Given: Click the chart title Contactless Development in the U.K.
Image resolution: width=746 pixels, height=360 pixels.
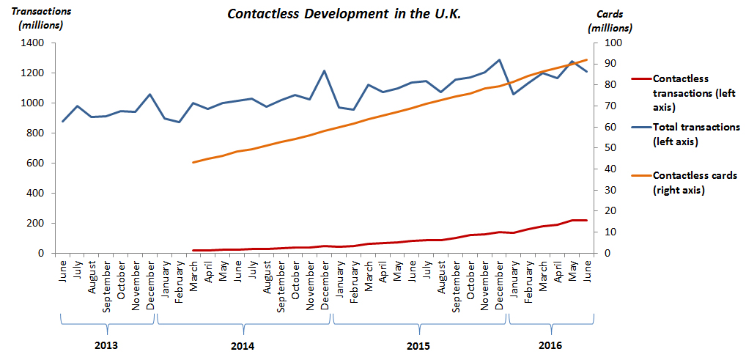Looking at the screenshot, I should coord(344,15).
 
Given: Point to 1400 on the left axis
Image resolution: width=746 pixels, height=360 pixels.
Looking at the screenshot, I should coord(34,43).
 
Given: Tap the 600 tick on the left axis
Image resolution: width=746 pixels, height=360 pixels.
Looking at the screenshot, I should coord(37,163).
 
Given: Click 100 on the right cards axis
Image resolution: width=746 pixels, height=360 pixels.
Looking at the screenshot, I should coord(610,43).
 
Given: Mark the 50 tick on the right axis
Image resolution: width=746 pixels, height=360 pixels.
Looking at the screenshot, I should coord(607,148).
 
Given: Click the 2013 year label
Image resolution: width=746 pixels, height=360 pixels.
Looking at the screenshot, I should coord(107,345).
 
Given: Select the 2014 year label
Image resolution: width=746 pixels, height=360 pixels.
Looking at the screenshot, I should coord(244,345).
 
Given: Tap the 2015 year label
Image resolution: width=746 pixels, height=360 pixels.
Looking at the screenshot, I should coord(418,345).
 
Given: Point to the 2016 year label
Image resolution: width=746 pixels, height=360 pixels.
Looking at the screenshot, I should coord(550,345).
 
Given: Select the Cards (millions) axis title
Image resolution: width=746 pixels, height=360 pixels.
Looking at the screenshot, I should coord(610,21).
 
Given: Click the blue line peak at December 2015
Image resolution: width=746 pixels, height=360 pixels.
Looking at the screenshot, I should coord(499,60).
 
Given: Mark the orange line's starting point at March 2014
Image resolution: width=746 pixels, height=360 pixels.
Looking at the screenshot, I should coord(193,162).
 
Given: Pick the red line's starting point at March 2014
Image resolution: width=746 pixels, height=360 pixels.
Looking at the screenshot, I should coord(193,250).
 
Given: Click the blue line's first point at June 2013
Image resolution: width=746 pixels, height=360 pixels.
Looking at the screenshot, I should coord(62,121).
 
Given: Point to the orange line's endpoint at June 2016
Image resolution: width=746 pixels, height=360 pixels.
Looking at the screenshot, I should coord(587,60).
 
